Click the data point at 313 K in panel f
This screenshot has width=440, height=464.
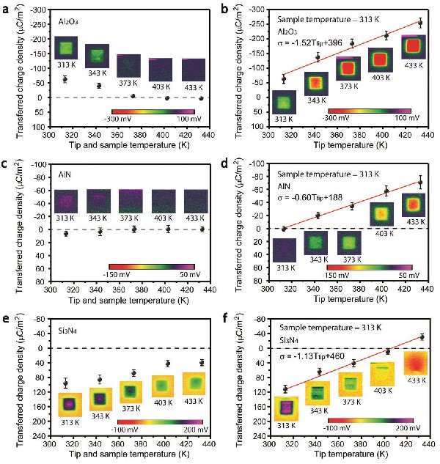click(x=285, y=389)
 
